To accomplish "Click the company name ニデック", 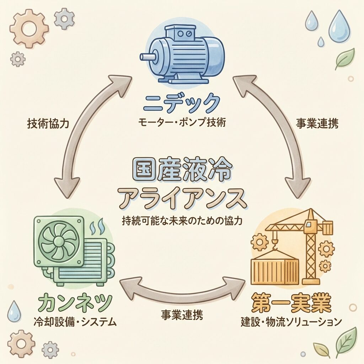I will [x=181, y=103].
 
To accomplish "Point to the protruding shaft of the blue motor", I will [x=146, y=57].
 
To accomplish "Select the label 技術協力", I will [x=48, y=123].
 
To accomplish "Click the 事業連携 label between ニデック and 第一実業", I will [x=317, y=123].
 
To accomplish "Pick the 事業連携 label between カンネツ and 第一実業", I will [x=182, y=315].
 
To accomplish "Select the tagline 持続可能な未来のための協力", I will [x=182, y=221].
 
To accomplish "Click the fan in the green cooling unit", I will [x=57, y=236].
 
